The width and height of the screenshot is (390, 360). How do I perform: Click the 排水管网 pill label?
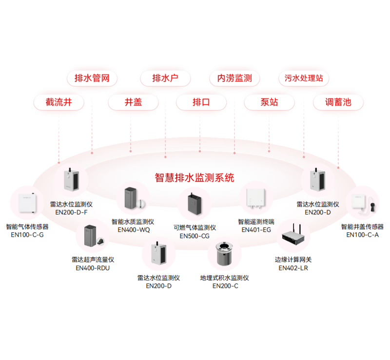(x=92, y=78)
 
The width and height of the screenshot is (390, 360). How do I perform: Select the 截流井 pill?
(x=58, y=102)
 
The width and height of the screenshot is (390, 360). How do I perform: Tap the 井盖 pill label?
(x=133, y=102)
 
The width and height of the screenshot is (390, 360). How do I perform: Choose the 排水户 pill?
(x=165, y=78)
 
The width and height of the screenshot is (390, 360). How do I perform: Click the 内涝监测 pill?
(x=234, y=78)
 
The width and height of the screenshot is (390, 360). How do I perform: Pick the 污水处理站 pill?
(x=304, y=78)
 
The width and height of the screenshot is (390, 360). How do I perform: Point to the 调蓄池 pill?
(x=338, y=102)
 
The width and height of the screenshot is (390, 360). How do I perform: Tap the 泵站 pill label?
(x=270, y=102)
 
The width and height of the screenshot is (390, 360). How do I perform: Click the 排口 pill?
(x=201, y=102)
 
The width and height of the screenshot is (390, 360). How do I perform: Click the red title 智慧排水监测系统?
(x=195, y=178)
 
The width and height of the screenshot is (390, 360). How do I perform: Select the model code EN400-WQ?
(x=134, y=230)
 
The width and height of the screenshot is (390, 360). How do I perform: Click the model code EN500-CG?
(x=195, y=236)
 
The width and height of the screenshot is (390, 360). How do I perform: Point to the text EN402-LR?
(x=293, y=268)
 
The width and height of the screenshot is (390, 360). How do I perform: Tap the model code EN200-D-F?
(x=71, y=212)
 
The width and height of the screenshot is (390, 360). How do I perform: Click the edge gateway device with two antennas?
(x=293, y=235)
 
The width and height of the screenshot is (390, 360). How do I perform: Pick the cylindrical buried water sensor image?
(x=224, y=254)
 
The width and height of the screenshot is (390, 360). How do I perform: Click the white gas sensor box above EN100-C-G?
(x=27, y=203)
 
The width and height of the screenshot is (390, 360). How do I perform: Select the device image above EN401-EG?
(x=256, y=198)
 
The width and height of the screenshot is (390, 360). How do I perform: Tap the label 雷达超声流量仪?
(x=93, y=260)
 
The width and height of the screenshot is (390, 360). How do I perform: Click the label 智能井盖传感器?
(x=362, y=227)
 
